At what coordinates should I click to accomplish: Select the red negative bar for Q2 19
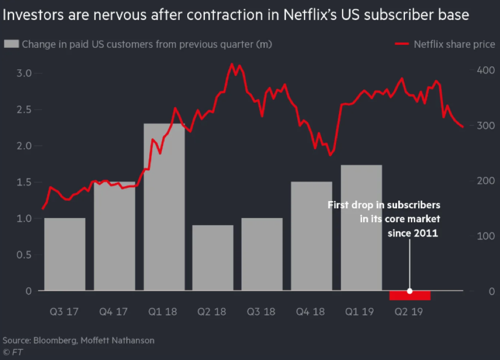tap(410, 295)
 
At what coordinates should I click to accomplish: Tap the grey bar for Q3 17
tap(65, 254)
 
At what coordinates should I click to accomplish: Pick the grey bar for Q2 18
tap(213, 258)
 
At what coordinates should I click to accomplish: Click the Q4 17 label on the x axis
tap(114, 312)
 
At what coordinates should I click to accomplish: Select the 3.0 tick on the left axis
tap(25, 74)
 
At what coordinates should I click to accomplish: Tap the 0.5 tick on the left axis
tap(25, 255)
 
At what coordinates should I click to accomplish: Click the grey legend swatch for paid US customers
tap(11, 44)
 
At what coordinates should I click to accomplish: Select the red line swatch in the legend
tap(401, 44)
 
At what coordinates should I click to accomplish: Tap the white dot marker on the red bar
tap(410, 291)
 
